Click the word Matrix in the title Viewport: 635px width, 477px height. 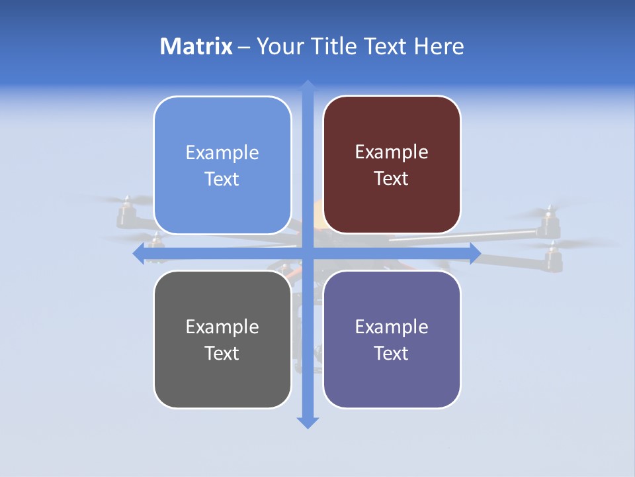click(x=196, y=46)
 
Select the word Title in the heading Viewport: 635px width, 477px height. click(x=337, y=46)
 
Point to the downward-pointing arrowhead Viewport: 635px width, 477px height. click(x=307, y=422)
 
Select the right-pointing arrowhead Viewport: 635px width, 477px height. click(x=475, y=253)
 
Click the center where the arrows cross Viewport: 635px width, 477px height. click(x=307, y=253)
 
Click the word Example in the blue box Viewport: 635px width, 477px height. click(x=222, y=153)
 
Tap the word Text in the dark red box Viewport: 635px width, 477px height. click(x=392, y=179)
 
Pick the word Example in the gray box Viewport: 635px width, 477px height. click(x=222, y=327)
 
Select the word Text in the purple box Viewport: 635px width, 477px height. click(x=392, y=353)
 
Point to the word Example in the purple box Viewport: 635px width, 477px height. click(x=392, y=327)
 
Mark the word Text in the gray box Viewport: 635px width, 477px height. click(x=222, y=353)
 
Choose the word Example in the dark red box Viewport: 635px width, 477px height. click(x=392, y=152)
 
